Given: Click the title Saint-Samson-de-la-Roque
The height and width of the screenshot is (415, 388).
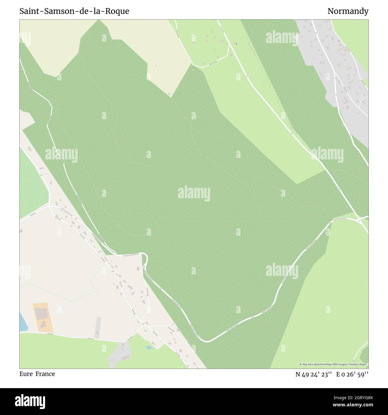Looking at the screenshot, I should click(74, 11).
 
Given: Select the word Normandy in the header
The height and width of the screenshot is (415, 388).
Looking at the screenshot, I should click(348, 11).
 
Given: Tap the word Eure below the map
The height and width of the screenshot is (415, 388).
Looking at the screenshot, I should click(26, 374).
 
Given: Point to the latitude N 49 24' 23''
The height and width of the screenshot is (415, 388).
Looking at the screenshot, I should click(314, 374).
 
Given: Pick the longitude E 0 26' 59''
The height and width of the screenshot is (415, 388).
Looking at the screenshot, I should click(352, 374).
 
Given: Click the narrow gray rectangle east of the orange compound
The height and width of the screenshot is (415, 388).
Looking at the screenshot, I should click(98, 326).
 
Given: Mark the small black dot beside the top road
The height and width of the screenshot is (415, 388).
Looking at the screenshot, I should click(236, 44).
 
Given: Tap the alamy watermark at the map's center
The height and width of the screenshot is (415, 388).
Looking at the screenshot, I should click(194, 193).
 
